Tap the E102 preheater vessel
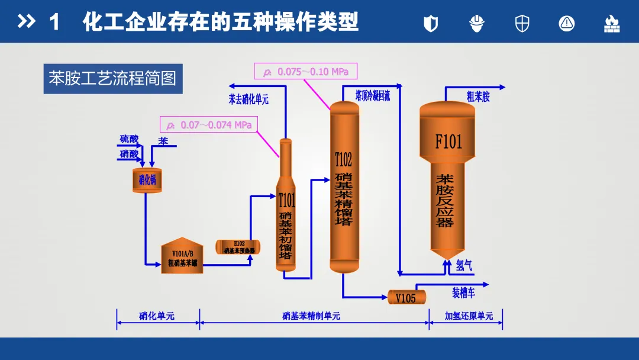[x=238, y=247]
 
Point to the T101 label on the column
[x=286, y=201]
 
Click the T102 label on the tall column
[x=343, y=159]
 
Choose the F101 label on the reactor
[x=448, y=142]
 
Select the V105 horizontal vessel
[x=406, y=297]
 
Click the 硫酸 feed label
[x=129, y=139]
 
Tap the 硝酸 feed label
[x=129, y=153]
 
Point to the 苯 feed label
[x=163, y=141]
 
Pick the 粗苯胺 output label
[x=478, y=97]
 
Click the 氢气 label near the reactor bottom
[x=464, y=266]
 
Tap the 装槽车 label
[x=464, y=292]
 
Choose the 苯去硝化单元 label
[x=248, y=99]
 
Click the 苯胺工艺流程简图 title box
[x=113, y=78]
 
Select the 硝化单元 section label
[x=157, y=316]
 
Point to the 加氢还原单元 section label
[x=469, y=316]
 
